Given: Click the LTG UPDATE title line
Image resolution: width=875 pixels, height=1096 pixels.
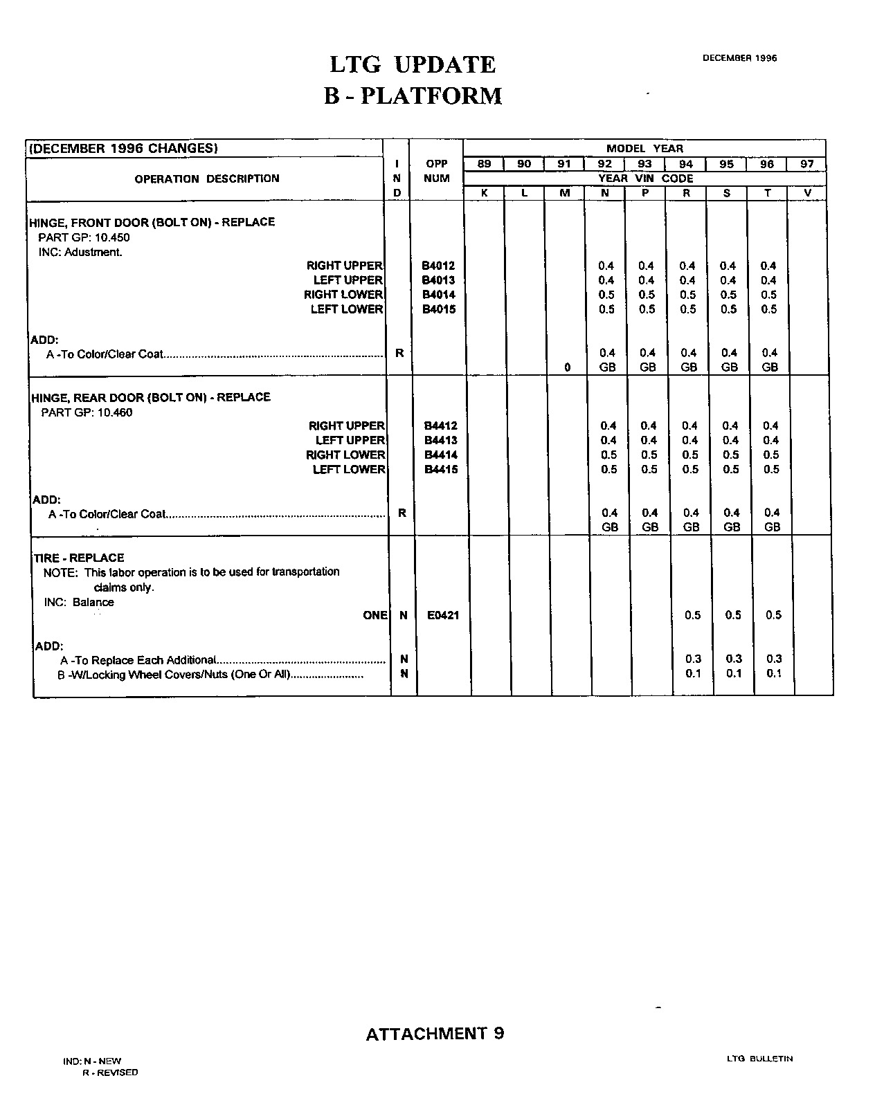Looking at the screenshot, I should pos(413,64).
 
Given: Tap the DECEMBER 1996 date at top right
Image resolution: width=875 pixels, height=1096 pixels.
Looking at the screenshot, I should pos(739,58).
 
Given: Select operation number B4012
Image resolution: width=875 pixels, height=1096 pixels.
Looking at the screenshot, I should pos(438,266).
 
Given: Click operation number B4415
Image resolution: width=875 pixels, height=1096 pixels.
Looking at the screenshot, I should pos(441,470).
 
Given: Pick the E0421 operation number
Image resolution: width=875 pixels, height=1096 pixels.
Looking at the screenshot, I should pos(443,615).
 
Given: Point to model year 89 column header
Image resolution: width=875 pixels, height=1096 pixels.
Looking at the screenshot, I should pos(485,164).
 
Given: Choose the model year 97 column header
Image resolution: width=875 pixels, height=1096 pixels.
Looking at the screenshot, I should pos(807,164).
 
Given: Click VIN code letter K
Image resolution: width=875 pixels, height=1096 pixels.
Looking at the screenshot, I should pos(485,193).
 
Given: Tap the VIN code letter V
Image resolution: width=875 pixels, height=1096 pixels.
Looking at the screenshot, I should pos(808,193).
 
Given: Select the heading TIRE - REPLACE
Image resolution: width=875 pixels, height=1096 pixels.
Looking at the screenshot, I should pos(79,558).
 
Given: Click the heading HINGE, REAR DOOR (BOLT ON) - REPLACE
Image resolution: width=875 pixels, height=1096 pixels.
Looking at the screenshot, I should pos(151,397).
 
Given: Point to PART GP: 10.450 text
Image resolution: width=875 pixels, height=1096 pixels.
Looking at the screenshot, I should pos(84,237).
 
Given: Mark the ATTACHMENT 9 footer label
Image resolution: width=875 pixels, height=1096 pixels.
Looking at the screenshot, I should pos(435,1034).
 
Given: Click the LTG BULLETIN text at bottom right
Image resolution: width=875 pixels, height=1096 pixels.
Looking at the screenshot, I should pos(759,1059).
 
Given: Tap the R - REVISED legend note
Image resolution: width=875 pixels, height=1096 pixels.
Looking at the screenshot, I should pos(110,1072).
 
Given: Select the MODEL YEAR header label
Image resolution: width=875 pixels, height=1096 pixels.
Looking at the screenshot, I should pos(644,149).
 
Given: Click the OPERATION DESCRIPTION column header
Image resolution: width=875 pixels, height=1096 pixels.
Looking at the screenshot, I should pos(207,179).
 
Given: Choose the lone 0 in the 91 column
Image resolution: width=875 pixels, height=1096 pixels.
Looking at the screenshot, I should pos(568,367).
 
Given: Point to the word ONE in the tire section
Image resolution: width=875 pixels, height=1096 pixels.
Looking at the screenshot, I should pos(375,615).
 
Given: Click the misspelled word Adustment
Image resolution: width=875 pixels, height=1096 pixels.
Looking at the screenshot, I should pos(93,252).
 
